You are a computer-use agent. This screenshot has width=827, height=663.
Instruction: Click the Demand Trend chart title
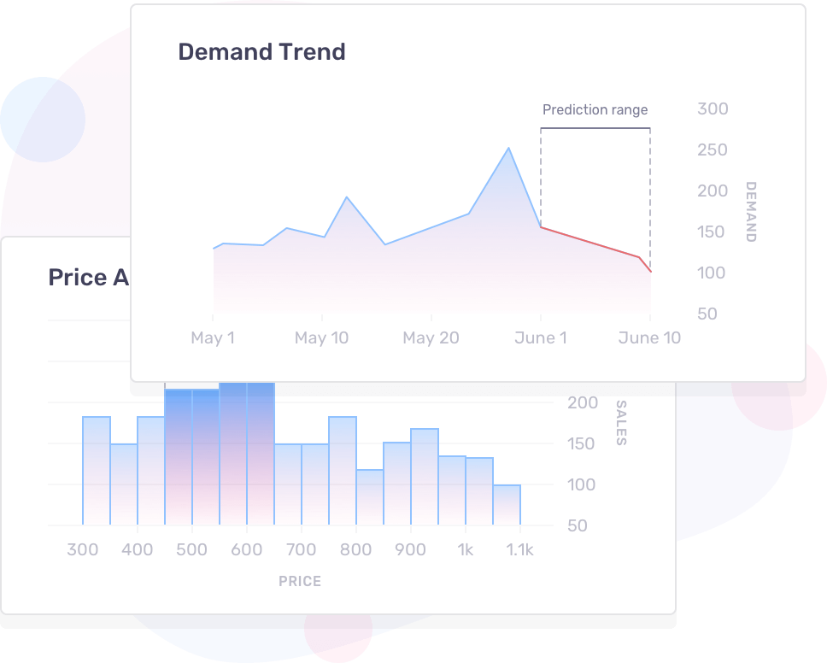[x=261, y=52]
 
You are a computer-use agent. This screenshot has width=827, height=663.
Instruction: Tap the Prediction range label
[x=595, y=110]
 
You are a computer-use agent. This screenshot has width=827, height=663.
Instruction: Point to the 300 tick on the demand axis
[x=713, y=109]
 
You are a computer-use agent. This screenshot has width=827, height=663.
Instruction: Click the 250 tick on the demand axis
[x=713, y=150]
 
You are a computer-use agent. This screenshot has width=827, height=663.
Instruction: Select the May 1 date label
[x=213, y=338]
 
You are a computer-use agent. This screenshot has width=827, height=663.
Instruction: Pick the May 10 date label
[x=321, y=338]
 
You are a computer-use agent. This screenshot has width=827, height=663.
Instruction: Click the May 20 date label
[x=431, y=338]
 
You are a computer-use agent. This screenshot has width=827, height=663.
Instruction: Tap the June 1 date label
[x=540, y=338]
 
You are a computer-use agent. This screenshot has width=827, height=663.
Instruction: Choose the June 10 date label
[x=649, y=338]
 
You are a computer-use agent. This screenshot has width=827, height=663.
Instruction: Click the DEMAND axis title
[x=751, y=212]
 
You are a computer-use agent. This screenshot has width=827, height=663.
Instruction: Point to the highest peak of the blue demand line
[x=509, y=149]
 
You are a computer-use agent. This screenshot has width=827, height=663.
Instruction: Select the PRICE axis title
[x=300, y=582]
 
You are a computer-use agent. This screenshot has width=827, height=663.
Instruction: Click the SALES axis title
[x=621, y=423]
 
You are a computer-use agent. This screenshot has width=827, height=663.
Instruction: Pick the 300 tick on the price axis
[x=83, y=550]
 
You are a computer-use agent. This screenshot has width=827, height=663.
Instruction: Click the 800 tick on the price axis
[x=356, y=550]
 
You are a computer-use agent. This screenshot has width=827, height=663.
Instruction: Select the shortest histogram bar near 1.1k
[x=507, y=504]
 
